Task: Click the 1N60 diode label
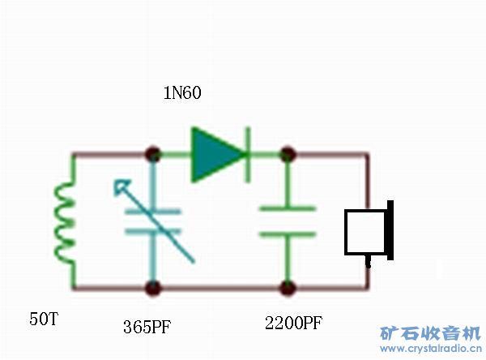182,93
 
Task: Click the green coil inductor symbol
64,221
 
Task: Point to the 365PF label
148,327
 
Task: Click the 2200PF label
293,323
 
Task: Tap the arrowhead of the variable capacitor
122,189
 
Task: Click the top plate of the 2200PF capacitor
287,209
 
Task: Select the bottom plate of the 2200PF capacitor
287,234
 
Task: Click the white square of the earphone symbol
364,233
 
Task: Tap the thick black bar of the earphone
390,230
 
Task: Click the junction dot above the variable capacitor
151,154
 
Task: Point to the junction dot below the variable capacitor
151,287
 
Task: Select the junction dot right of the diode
287,154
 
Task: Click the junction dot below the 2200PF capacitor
287,287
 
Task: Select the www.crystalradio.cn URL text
430,349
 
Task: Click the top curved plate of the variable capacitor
153,214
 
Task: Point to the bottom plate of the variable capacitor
152,233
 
